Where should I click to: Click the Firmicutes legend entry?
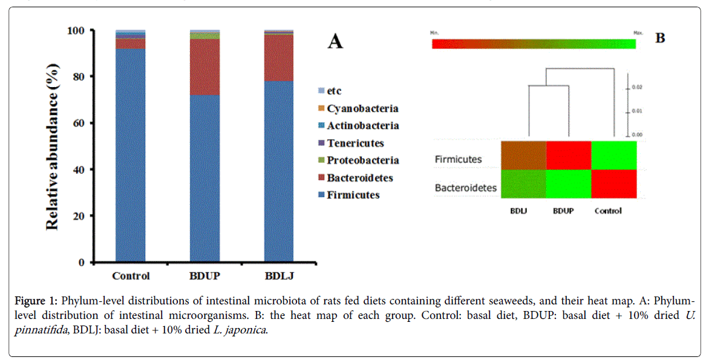tap(353, 195)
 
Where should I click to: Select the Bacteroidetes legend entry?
tap(359, 178)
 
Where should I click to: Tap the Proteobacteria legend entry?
tap(362, 160)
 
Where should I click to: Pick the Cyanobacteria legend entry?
tap(362, 108)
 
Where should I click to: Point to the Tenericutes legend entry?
tap(355, 143)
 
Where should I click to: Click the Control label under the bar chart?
tap(131, 276)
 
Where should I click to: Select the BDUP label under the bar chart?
tap(204, 276)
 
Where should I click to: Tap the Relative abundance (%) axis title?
tap(53, 146)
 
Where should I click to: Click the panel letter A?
tap(335, 42)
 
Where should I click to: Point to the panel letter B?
tap(660, 38)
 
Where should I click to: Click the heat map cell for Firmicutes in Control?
tap(614, 155)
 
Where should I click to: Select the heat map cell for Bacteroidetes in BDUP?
tap(569, 183)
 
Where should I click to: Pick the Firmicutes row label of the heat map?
tap(459, 160)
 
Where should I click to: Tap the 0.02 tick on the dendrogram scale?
tap(637, 87)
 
